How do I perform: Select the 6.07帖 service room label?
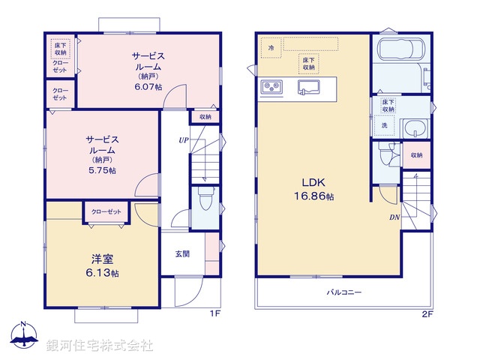point(148,71)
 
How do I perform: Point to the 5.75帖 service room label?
point(100,154)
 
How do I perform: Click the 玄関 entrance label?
point(182,254)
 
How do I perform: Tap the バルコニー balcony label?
point(343,292)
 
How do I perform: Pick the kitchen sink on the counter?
point(308,88)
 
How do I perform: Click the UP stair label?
point(183,140)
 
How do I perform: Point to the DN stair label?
point(394,218)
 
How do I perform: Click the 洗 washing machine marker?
point(385,125)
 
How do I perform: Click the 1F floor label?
point(214,313)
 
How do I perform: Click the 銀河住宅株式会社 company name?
point(99,346)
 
